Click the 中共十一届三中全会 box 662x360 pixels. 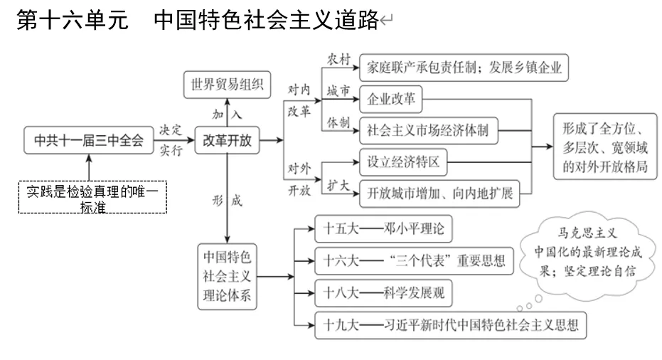[89, 140]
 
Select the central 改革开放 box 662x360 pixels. [227, 140]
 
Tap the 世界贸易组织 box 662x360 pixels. [226, 84]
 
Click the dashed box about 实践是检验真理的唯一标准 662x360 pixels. [92, 196]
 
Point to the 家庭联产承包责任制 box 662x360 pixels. [464, 68]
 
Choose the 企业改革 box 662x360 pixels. [391, 100]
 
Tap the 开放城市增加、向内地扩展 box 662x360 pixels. [439, 192]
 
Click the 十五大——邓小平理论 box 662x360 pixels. [383, 229]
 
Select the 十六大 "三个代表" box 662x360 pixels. [412, 260]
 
